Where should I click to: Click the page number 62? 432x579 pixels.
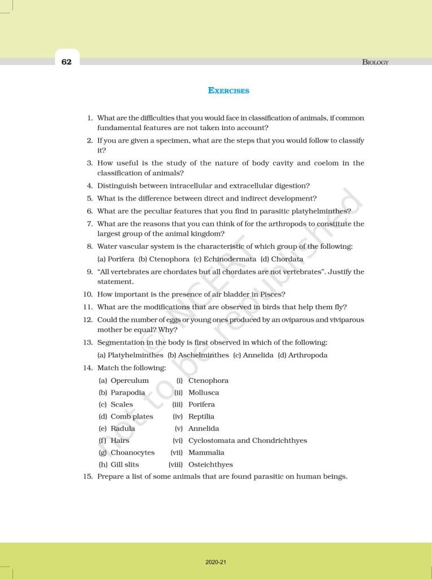click(67, 62)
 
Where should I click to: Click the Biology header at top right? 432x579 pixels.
click(375, 62)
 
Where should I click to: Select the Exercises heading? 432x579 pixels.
click(228, 90)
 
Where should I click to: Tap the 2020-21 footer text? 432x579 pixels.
click(216, 562)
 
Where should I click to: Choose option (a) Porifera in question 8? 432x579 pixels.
click(116, 259)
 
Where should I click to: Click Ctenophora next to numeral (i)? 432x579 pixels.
click(208, 381)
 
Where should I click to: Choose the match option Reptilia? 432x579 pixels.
click(201, 417)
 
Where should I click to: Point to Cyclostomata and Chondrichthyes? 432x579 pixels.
click(248, 440)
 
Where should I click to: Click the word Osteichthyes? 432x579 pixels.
click(210, 465)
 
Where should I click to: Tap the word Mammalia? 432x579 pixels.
click(206, 452)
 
